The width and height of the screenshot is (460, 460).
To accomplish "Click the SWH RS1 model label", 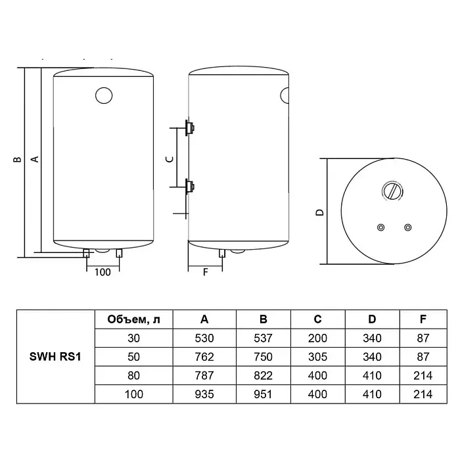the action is [55, 357].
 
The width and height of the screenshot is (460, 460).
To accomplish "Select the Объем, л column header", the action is [134, 319].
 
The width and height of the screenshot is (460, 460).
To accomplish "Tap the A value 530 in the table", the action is [204, 338].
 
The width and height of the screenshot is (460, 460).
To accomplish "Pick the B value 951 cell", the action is [263, 394].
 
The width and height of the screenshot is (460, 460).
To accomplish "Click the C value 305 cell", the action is [317, 357].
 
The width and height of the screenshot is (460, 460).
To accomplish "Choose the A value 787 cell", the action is [204, 375].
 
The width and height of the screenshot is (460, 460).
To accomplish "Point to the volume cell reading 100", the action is [134, 394].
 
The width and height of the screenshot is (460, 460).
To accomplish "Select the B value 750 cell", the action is [263, 357].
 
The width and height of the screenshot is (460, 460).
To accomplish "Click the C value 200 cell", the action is [317, 338].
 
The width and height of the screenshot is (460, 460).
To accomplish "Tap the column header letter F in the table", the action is [423, 319].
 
